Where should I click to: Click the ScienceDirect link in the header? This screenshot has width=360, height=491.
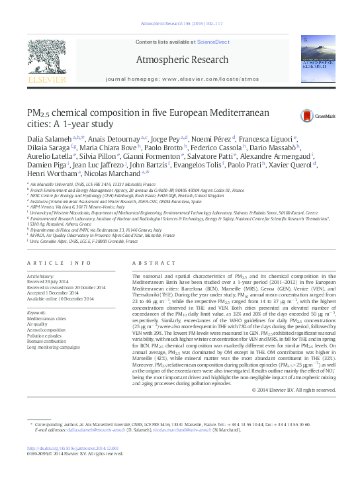pos(213,42)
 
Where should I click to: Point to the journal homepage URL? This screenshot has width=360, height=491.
pos(181,79)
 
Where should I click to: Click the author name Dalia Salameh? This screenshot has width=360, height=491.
pos(48,137)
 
